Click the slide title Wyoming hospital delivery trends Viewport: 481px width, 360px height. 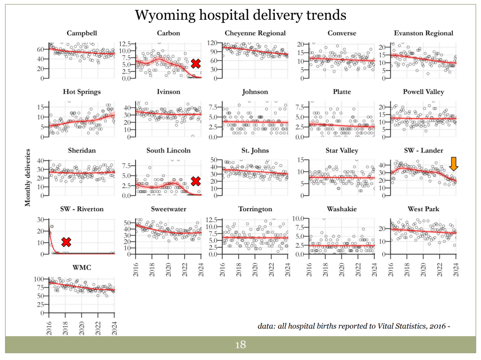(240, 15)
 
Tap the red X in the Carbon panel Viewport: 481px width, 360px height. (196, 64)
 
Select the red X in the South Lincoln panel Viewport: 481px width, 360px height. (196, 181)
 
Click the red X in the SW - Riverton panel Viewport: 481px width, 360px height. (66, 242)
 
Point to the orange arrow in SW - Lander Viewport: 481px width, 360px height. (454, 164)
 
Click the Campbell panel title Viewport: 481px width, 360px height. (82, 33)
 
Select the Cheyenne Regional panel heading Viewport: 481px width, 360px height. (255, 33)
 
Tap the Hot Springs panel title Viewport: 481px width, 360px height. (82, 92)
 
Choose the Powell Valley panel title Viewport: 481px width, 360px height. (423, 92)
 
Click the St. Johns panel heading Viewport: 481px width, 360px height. (255, 151)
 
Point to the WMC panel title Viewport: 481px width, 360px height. (82, 268)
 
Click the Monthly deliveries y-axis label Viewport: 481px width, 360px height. (28, 177)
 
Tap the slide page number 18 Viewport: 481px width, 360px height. (240, 345)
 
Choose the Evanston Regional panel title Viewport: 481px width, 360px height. (423, 33)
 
